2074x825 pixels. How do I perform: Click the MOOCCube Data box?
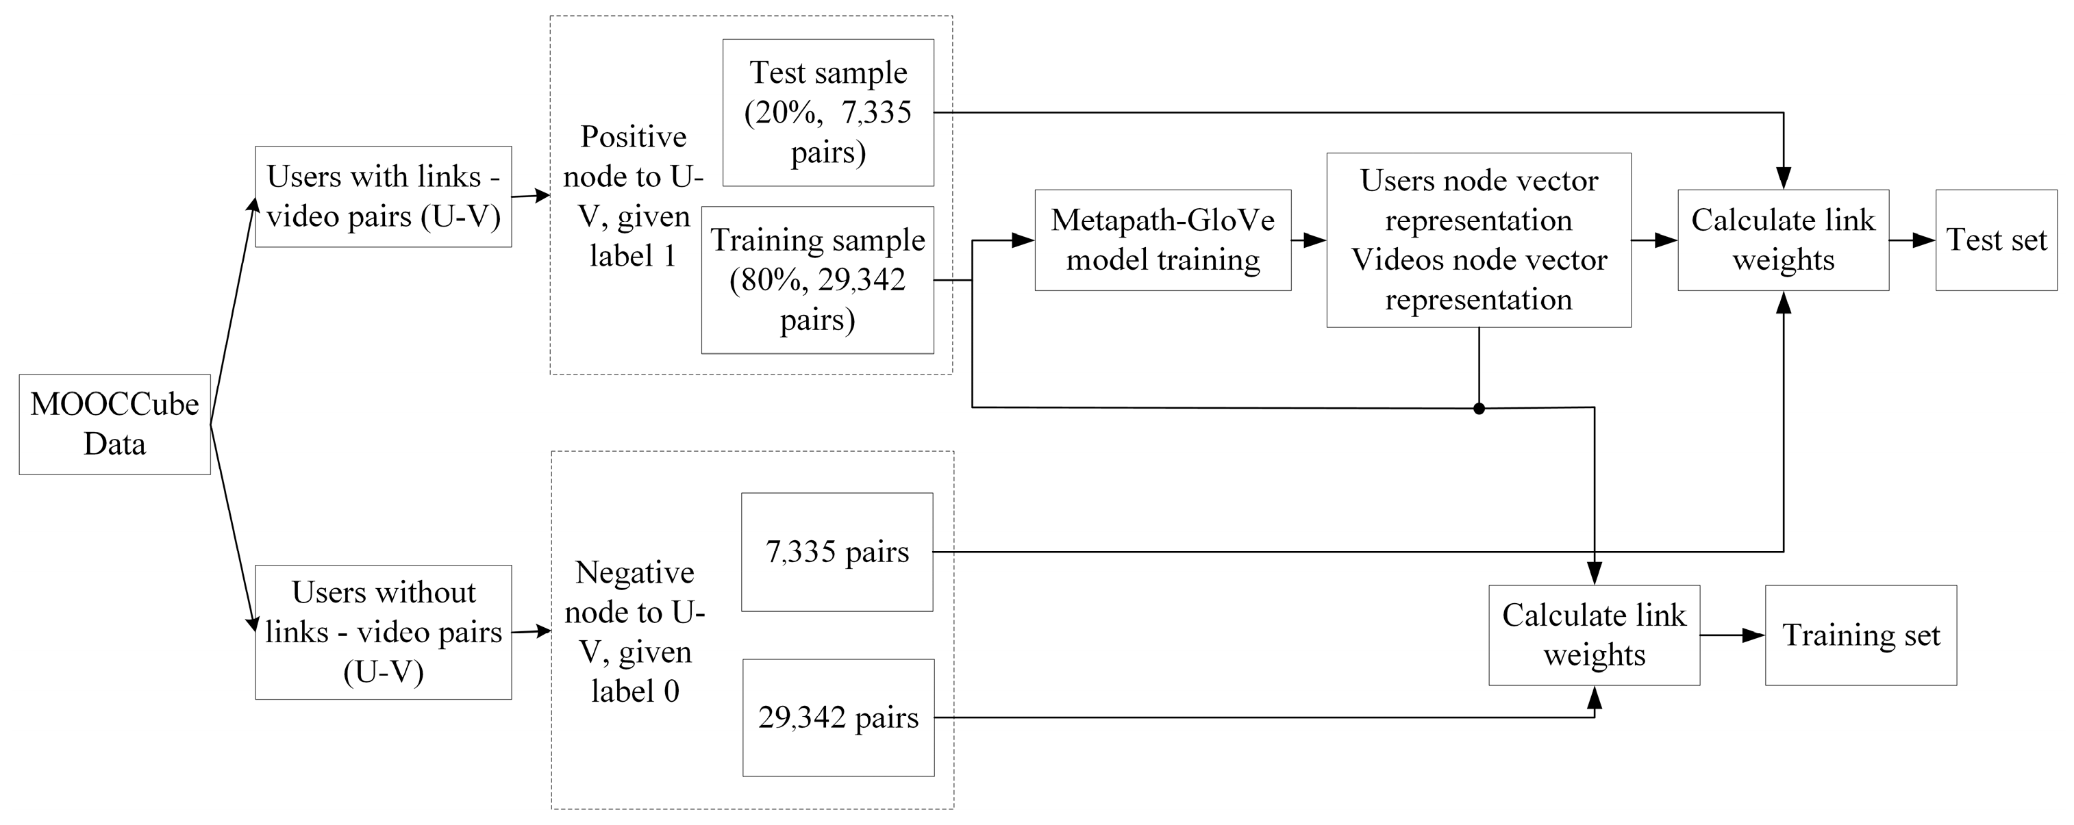point(114,424)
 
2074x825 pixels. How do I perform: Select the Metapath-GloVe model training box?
point(1162,240)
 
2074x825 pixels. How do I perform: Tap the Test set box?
point(1995,240)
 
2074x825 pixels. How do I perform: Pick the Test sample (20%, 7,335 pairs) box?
point(827,113)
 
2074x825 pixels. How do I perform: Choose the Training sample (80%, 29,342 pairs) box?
point(817,280)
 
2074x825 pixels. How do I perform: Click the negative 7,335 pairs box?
point(836,552)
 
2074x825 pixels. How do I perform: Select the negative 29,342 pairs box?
point(837,717)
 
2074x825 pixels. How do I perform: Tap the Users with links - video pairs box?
point(384,196)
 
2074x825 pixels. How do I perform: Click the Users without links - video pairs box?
point(384,632)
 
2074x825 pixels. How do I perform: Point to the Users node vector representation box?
point(1478,240)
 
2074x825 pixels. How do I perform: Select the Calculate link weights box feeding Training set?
point(1593,635)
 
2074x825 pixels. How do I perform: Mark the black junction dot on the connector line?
point(1478,408)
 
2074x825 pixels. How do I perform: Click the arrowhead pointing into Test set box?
point(1925,240)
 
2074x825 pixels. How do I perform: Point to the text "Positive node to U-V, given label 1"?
point(633,196)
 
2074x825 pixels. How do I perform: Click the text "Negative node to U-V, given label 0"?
point(634,632)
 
